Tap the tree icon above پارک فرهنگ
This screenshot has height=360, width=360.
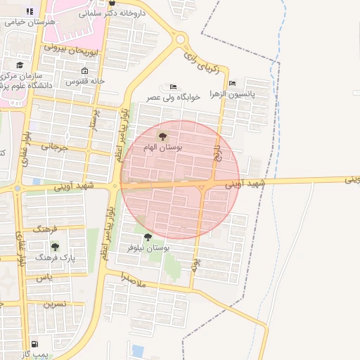pos(55,247)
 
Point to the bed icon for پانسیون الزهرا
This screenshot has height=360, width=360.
pos(233,82)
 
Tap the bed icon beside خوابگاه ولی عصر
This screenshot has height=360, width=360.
pos(174,86)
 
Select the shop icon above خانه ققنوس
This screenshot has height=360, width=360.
pos(85,71)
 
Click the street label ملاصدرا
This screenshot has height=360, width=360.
pos(132,279)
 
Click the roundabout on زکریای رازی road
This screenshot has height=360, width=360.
pos(180,39)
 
